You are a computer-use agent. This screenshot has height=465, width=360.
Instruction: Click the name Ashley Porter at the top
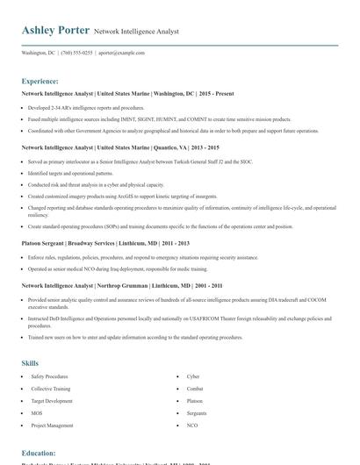[x=54, y=31]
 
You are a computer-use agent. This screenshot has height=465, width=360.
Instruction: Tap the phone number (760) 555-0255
[x=76, y=53]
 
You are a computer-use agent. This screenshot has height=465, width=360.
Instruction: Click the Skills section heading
[x=30, y=362]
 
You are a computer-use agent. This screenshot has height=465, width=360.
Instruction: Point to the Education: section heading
[x=39, y=453]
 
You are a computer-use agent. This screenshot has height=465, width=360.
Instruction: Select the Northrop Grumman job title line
[x=121, y=285]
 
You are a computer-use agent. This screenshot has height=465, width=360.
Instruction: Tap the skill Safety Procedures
[x=49, y=376]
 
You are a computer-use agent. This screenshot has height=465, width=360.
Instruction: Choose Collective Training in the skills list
[x=52, y=388]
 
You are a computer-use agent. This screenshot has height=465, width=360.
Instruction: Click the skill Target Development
[x=52, y=400]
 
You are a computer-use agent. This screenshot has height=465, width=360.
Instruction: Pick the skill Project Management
[x=52, y=425]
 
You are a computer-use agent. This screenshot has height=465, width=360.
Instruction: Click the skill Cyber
[x=193, y=376]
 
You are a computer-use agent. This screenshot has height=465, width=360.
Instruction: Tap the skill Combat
[x=195, y=388]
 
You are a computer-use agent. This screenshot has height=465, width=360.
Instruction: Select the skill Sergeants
[x=197, y=412]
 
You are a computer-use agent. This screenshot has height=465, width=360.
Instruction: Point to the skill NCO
[x=192, y=425]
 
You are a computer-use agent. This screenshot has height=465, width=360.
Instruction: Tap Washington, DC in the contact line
[x=38, y=53]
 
